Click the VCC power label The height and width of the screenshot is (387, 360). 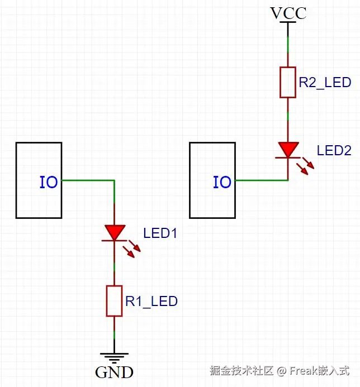[288, 13]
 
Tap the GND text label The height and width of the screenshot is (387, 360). [114, 372]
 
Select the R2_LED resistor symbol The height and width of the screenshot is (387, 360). [288, 82]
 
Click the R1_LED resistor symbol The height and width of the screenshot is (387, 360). [114, 301]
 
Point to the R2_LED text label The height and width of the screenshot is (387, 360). [325, 83]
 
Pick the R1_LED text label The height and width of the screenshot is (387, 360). [151, 301]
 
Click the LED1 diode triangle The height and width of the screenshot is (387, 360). [115, 232]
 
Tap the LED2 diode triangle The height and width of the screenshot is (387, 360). [288, 150]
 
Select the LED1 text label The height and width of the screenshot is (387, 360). [160, 233]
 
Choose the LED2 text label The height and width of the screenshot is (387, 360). [334, 151]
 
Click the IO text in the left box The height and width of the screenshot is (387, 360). [49, 183]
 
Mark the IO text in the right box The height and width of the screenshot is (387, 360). [222, 183]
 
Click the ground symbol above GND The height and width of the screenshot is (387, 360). [114, 358]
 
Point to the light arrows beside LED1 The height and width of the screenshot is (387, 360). [132, 249]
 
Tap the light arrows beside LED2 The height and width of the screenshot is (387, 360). [305, 166]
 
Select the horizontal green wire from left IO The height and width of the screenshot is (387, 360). [88, 180]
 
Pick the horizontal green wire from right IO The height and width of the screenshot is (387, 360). [262, 180]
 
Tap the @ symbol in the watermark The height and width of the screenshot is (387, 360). [282, 371]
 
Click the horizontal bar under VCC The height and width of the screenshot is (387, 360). [288, 22]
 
